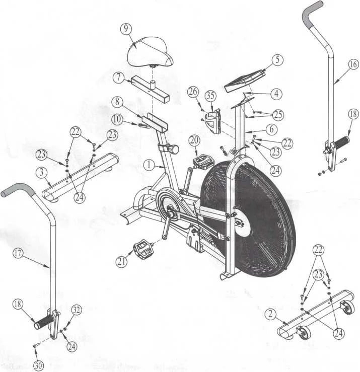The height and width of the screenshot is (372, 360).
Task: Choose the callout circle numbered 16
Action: pos(352,64)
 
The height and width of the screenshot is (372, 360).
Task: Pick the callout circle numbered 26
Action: pos(193,92)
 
